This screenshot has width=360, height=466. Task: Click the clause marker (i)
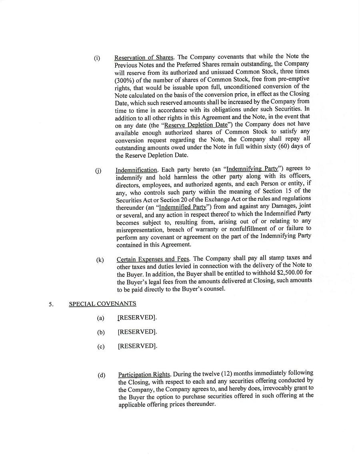point(97,58)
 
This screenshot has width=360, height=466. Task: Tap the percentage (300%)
point(125,80)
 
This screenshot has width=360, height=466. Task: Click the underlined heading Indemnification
point(136,170)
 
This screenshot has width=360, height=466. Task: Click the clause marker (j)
point(98,171)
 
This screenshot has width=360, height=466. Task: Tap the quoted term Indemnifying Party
point(252,168)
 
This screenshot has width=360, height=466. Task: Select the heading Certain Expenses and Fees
point(153,259)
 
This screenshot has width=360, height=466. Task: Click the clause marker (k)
point(100,260)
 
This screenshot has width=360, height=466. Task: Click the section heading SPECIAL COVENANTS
point(102,304)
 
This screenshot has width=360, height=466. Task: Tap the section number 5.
point(51,304)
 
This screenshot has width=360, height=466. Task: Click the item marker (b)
point(101,332)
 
